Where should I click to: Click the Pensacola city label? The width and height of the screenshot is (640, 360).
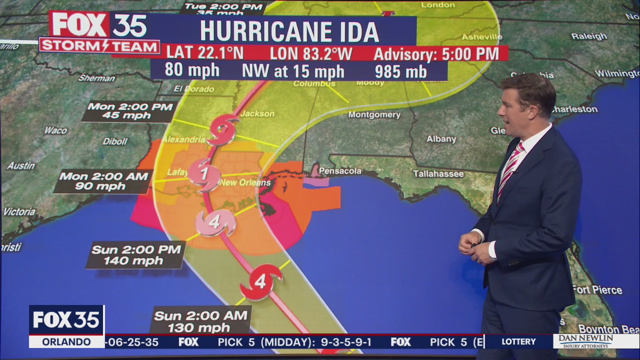(x=340, y=171)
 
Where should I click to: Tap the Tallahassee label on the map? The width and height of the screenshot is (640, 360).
(x=438, y=174)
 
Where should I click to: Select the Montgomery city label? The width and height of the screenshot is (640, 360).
(x=374, y=114)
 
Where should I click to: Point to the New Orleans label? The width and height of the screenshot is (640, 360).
(x=245, y=182)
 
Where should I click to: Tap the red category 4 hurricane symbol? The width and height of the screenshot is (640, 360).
(x=260, y=282)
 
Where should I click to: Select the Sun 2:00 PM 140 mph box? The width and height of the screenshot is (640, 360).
(x=135, y=255)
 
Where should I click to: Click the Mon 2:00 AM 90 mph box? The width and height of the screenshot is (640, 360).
(x=103, y=181)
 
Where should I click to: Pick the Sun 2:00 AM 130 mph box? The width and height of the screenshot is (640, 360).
(x=200, y=321)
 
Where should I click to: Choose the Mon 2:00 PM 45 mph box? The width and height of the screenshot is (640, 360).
(x=128, y=111)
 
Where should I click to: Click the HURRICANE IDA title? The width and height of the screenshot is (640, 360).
(x=289, y=31)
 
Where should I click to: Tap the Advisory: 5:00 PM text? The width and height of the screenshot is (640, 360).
(x=436, y=53)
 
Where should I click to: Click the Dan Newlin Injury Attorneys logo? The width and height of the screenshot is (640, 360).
(x=596, y=341)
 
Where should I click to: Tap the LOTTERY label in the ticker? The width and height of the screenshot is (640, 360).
(x=518, y=341)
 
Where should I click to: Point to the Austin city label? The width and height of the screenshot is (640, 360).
(x=21, y=165)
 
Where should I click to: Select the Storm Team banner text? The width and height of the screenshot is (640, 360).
(x=99, y=45)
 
